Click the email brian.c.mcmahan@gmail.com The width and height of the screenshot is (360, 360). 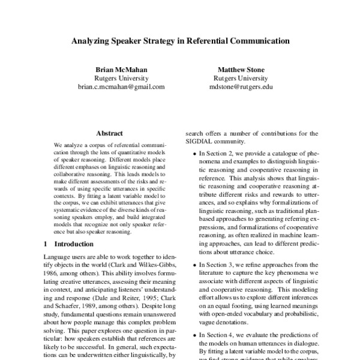click(x=121, y=86)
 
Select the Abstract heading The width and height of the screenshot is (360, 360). click(x=109, y=133)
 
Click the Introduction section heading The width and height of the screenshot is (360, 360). click(x=74, y=244)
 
